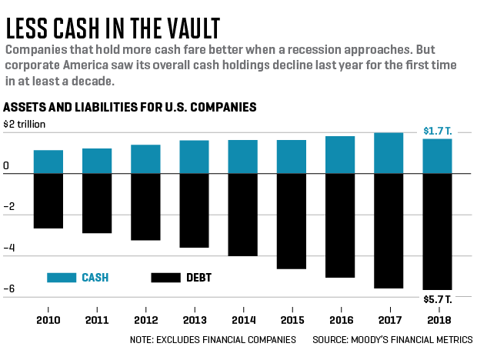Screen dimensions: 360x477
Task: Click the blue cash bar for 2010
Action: coord(48,162)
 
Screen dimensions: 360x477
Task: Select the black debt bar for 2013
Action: coord(195,210)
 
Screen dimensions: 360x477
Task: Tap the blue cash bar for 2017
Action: coord(389,153)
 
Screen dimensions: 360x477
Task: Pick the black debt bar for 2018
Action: coord(437,231)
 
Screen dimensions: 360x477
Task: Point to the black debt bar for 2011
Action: coord(97,203)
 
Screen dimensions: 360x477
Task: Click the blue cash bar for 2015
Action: coord(292,157)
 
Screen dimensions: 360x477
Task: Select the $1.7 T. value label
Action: coord(437,132)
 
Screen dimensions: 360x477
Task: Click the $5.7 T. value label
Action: coord(437,298)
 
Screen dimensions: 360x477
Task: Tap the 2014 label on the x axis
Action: coord(243,318)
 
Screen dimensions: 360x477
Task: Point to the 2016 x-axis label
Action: coord(340,318)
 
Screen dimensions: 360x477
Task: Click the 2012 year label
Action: coord(146,318)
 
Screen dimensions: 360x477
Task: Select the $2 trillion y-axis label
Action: coord(25,123)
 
